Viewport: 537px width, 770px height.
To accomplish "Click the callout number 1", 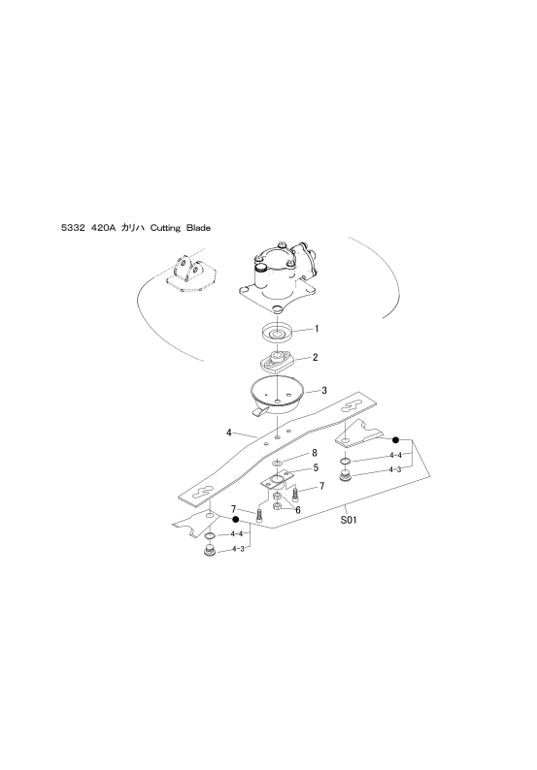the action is point(317,329).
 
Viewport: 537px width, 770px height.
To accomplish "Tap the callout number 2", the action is point(316,357).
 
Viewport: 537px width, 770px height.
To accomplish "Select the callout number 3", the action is point(323,391).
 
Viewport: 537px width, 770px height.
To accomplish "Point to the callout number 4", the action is point(229,433).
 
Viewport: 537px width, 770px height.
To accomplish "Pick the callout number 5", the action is point(316,467).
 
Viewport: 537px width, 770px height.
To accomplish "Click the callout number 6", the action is point(297,510).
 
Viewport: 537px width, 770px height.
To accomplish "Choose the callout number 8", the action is point(315,453).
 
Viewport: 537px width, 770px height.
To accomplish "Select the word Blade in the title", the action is point(198,228).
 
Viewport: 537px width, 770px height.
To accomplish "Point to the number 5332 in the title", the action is point(72,228).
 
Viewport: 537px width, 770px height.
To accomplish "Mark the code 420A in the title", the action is point(102,228).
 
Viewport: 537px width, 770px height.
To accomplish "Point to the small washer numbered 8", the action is point(277,462).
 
